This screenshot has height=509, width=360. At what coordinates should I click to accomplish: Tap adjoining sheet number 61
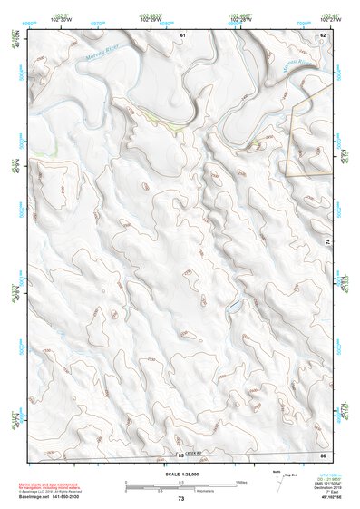coord(182,34)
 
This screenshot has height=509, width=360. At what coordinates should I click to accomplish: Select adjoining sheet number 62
coord(322,34)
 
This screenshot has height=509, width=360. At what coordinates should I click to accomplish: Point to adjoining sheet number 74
coord(328,240)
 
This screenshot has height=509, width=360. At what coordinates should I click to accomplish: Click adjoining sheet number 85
coord(180,455)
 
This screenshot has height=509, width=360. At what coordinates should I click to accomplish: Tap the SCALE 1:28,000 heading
coord(180,474)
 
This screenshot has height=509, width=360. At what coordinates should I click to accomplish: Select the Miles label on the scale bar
coord(240,482)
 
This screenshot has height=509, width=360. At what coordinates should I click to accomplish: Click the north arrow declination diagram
coord(277,482)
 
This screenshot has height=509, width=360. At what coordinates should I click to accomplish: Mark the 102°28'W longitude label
coord(239,20)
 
